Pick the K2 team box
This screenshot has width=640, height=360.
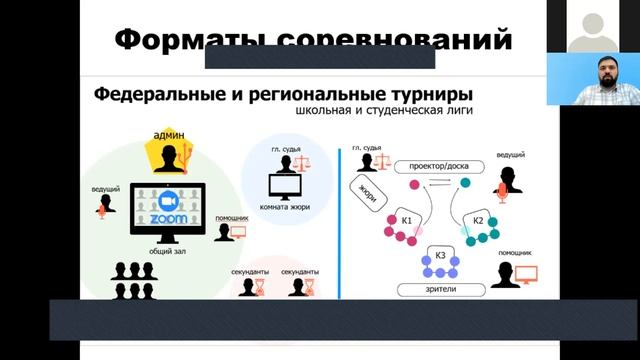coord(478,220)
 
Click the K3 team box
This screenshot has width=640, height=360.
coord(441,257)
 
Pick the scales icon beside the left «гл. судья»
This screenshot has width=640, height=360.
coord(301,161)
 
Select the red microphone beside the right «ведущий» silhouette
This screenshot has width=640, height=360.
coord(502,192)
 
